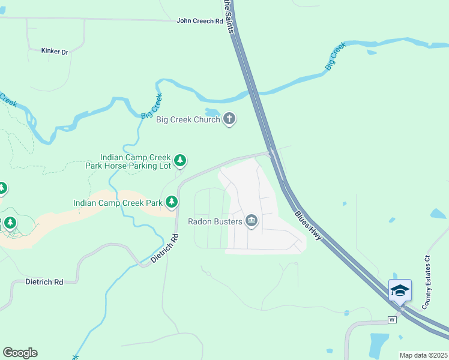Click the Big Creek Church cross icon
click(229, 119)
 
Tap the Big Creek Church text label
click(188, 119)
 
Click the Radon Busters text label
click(215, 221)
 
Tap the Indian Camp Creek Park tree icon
click(172, 203)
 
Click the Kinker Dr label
click(55, 52)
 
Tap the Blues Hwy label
click(309, 226)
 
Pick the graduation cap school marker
click(400, 291)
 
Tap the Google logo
click(20, 353)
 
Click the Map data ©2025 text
click(423, 355)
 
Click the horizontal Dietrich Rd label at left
click(44, 281)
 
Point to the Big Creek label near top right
click(336, 56)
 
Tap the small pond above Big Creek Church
click(212, 112)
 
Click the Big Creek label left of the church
click(151, 106)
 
